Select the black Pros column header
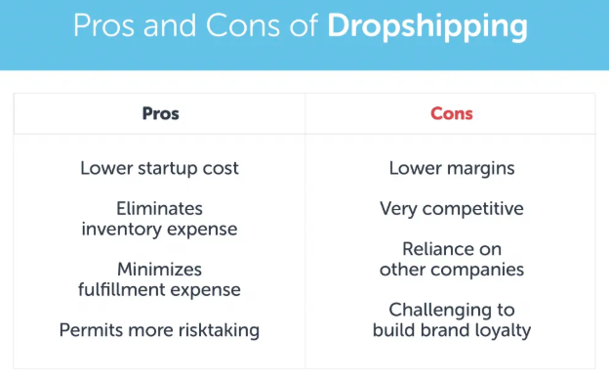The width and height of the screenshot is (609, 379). point(159,114)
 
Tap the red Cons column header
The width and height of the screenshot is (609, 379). point(451,114)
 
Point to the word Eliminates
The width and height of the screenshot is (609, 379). point(159,208)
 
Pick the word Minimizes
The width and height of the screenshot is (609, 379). point(159,269)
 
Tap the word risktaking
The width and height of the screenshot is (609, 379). point(217,329)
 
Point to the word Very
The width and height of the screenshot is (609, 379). point(398,208)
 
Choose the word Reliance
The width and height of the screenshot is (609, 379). point(438,249)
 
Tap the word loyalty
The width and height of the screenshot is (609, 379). point(500,330)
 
